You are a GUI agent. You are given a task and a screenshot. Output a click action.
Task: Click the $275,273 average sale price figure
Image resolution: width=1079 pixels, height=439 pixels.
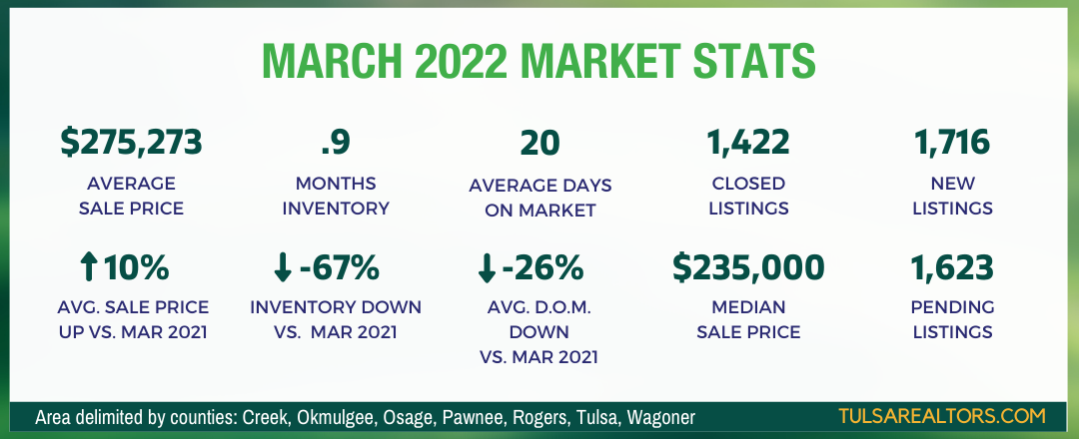click(131, 143)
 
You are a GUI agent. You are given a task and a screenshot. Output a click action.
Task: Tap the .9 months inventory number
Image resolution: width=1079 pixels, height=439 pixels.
click(336, 143)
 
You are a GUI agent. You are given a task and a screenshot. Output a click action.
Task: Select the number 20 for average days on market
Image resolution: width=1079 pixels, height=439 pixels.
click(540, 143)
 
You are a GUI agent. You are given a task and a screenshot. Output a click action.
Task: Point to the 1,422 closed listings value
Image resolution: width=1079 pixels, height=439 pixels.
click(748, 143)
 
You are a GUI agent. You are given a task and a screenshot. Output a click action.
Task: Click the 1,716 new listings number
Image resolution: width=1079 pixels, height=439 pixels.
click(952, 143)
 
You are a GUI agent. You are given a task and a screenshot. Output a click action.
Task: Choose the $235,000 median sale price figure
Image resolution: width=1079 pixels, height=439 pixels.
click(748, 268)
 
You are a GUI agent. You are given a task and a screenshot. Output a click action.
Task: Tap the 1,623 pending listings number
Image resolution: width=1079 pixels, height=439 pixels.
click(952, 268)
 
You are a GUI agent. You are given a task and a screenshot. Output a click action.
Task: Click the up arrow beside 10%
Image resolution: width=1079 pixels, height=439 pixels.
click(88, 268)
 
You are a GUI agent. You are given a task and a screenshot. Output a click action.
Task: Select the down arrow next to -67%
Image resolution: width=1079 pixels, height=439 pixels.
click(282, 268)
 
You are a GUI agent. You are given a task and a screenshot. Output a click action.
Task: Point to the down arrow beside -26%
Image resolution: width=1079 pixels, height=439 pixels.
click(486, 268)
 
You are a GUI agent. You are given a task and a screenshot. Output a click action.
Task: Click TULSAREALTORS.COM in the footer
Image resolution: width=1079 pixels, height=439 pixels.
click(942, 416)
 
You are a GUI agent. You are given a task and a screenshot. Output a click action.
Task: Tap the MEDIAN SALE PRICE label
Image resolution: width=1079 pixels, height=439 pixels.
click(748, 319)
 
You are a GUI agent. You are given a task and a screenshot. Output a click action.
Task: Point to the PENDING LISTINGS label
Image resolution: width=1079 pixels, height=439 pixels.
click(952, 319)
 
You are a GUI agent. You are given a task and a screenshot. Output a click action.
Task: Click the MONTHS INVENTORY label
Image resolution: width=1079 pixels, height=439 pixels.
click(336, 196)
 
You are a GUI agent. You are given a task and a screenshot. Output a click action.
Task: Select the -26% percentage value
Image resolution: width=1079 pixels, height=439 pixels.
click(542, 268)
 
